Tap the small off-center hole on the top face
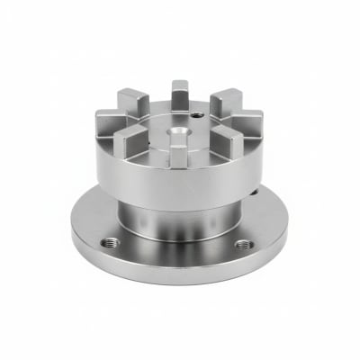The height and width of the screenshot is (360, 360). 196,115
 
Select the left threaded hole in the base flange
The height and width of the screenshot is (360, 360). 110,241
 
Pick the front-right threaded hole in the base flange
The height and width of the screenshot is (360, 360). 241,245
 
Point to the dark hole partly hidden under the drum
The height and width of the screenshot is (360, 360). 255,191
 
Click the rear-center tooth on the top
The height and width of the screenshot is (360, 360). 180,93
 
